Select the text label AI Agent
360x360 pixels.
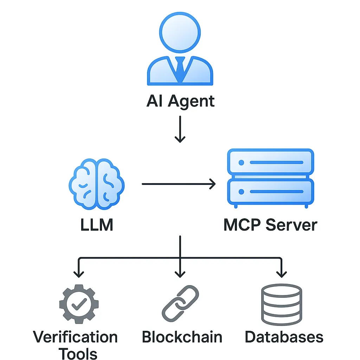point(180,101)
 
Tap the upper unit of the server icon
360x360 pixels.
point(270,163)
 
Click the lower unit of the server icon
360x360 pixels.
point(270,192)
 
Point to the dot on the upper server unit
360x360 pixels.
point(241,163)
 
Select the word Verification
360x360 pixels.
point(75,337)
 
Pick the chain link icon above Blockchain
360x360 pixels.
point(180,302)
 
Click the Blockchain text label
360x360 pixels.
point(182,337)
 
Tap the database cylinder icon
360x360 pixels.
point(282,304)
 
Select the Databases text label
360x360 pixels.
point(284,337)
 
